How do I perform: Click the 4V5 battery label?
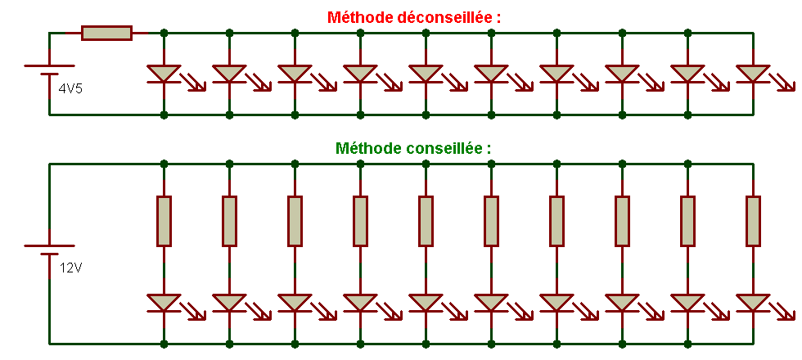(x=70, y=88)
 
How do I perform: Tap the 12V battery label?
(x=70, y=267)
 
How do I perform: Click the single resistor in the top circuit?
(x=106, y=33)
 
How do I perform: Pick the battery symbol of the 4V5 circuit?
(x=49, y=72)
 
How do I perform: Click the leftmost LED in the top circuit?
(x=164, y=74)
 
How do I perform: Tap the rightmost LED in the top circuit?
(x=753, y=74)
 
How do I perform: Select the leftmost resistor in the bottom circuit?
(x=164, y=221)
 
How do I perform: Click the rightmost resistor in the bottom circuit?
(x=753, y=221)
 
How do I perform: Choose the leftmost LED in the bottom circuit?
(x=164, y=303)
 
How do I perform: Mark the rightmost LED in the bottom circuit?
(x=753, y=303)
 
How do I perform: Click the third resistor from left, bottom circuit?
(x=295, y=221)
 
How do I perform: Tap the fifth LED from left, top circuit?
(x=426, y=74)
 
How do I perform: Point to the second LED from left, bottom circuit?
(x=229, y=303)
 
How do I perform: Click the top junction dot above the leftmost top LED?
(x=164, y=33)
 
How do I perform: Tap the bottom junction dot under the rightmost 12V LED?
(x=753, y=344)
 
